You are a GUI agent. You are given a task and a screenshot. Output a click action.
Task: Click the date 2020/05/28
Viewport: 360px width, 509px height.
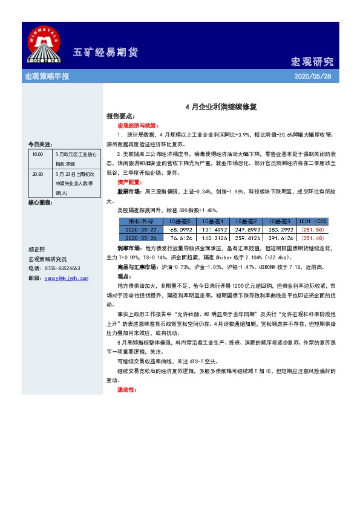[x=312, y=77]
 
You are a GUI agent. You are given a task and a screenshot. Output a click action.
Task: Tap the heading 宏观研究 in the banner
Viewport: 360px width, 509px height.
[x=312, y=62]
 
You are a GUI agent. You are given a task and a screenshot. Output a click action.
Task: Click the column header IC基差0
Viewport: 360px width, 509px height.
[x=182, y=221]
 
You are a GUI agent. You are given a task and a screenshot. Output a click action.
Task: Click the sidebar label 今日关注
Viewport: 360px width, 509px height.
[x=40, y=145]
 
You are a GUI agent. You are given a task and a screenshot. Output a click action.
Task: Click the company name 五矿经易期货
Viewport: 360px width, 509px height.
[x=100, y=51]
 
